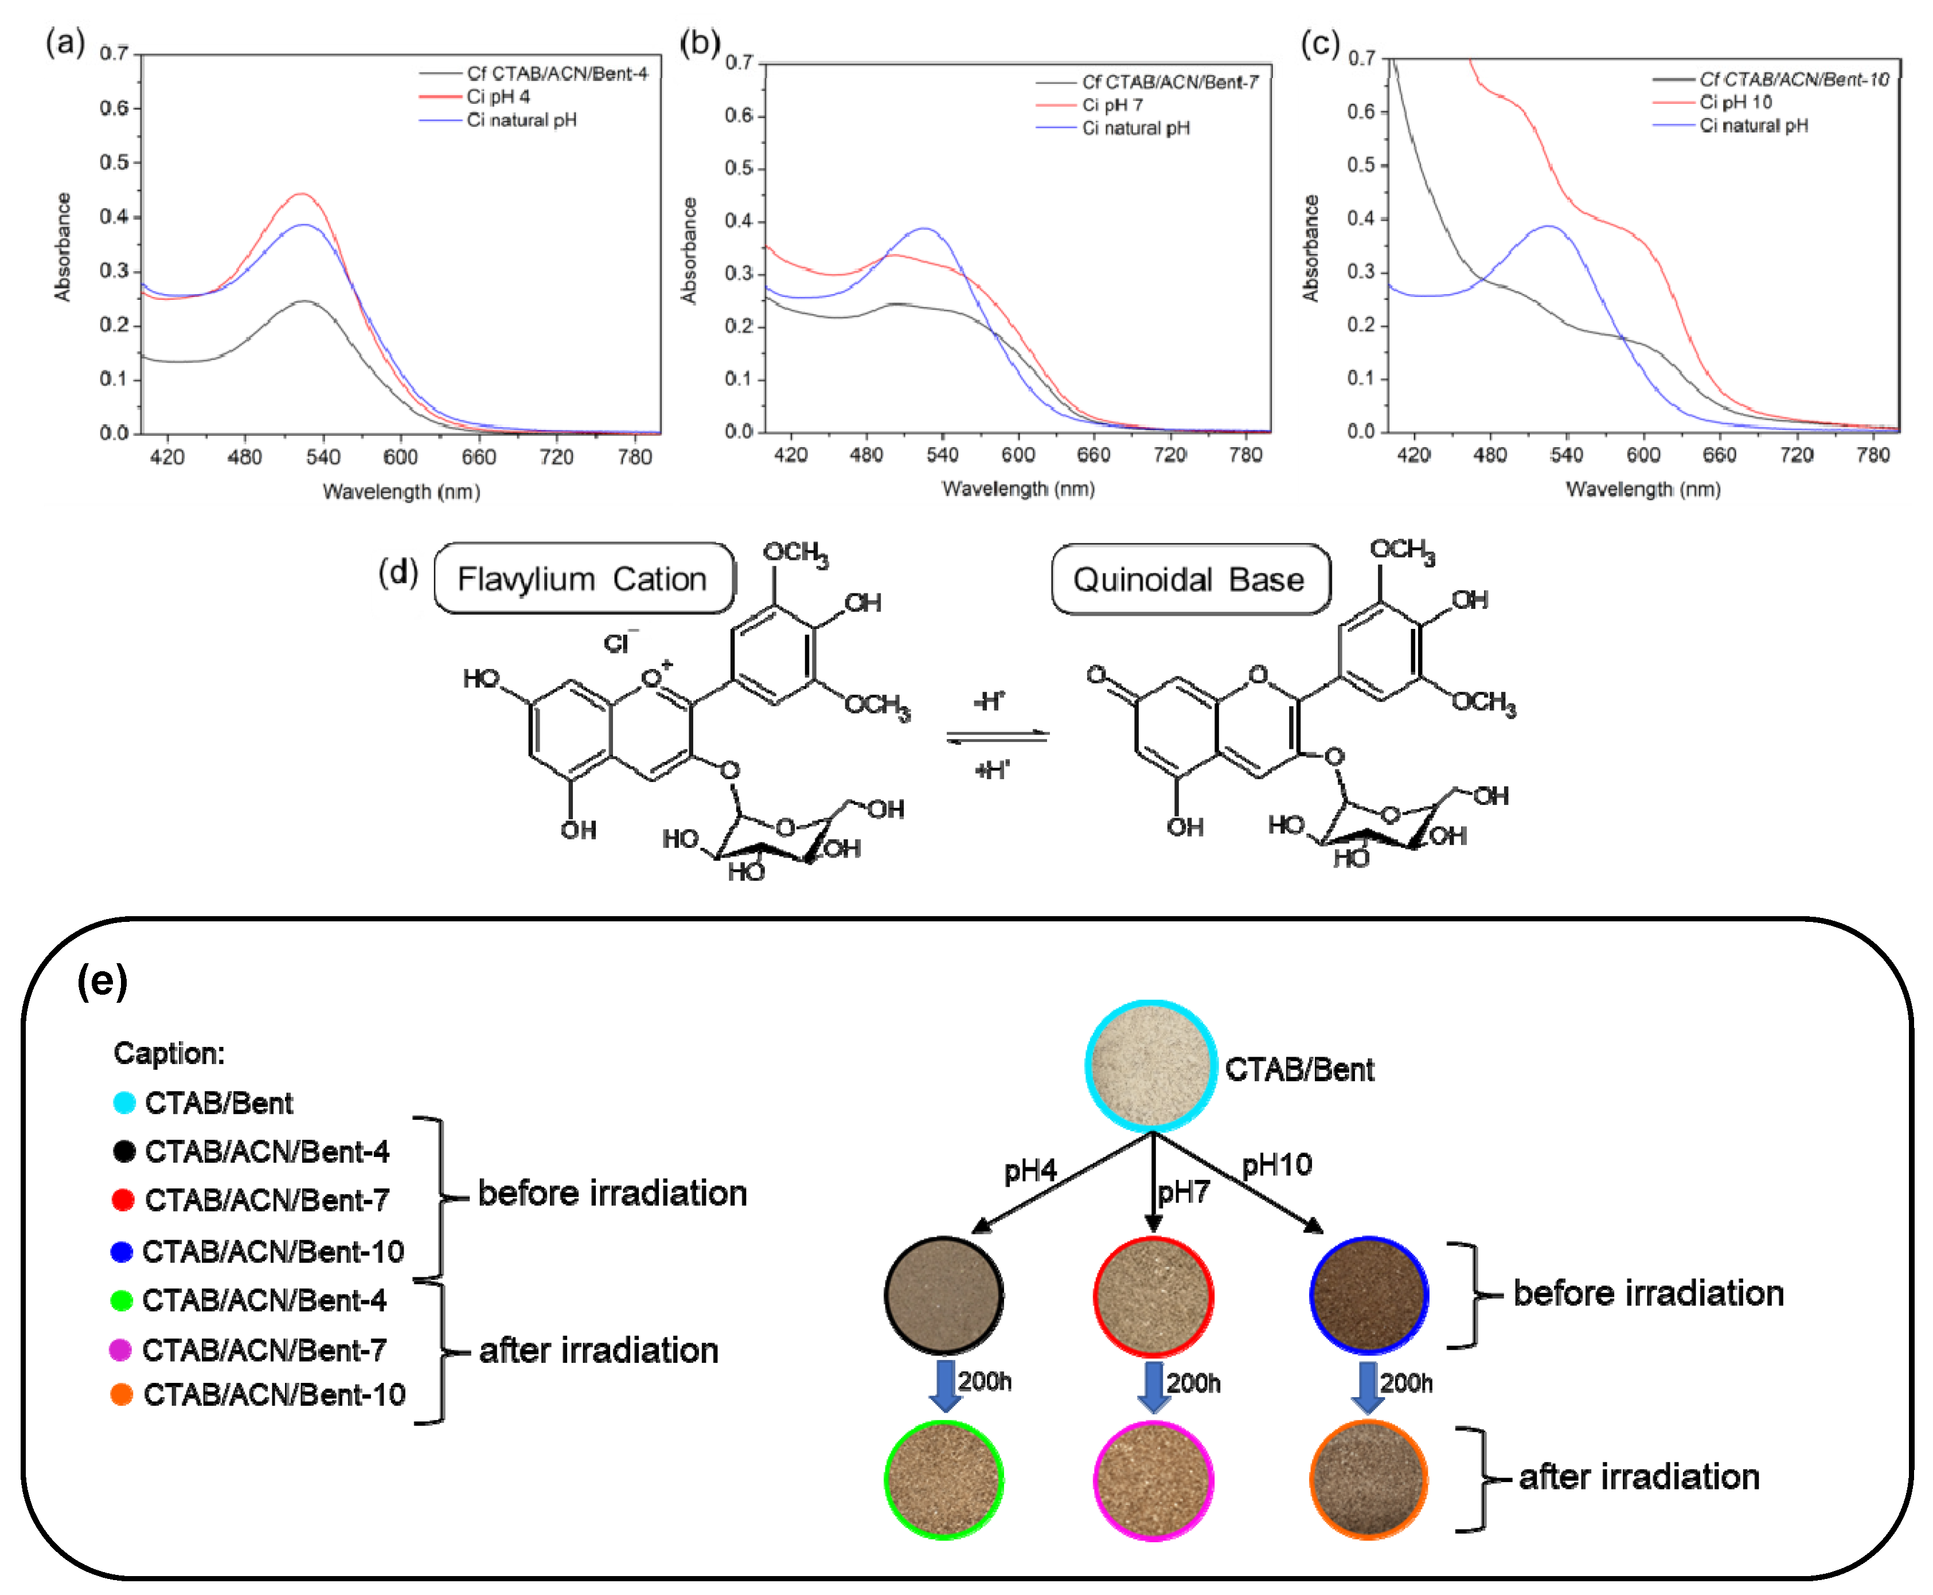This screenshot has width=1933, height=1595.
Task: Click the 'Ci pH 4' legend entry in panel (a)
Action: pos(498,96)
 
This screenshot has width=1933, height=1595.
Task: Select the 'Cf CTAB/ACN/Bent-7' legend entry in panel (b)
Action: pos(1169,82)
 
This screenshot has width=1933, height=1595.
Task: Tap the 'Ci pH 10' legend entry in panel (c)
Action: pos(1735,102)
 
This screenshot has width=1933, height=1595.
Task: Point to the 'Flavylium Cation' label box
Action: pos(583,579)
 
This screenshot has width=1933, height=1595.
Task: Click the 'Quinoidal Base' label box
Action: pos(1190,580)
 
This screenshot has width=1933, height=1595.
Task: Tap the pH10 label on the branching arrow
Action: pos(1276,1166)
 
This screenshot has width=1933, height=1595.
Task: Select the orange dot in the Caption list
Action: pos(121,1395)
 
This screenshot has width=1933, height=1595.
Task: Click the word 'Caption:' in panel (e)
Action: pos(169,1053)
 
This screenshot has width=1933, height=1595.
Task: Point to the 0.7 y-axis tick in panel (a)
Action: pos(114,53)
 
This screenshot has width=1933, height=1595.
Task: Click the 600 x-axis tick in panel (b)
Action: pos(1018,455)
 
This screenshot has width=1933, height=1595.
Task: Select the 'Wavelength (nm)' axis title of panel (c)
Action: pos(1643,489)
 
